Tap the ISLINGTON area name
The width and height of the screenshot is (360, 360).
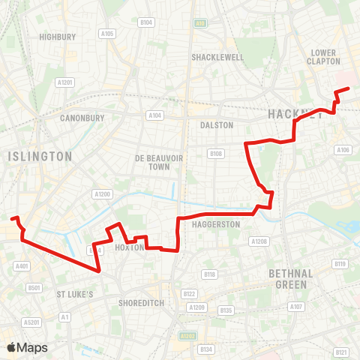pos(40,156)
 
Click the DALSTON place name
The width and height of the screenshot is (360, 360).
pos(218,125)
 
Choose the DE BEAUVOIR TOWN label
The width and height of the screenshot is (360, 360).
pos(154,162)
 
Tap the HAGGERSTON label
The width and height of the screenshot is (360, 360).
pos(215,224)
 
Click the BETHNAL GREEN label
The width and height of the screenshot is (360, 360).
pos(290,279)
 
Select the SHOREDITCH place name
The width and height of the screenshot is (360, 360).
pos(142,303)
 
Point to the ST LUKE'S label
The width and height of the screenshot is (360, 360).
pos(75,295)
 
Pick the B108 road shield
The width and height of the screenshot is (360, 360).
pos(216,154)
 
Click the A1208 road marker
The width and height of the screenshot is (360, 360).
pos(259,241)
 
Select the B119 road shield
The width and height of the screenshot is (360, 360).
pos(340,264)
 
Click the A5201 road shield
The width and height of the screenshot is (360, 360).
pos(31,322)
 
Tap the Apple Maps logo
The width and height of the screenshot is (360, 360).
pos(27,347)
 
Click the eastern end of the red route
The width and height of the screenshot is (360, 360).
pos(349,89)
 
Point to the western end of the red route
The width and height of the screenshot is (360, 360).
pos(11,218)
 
